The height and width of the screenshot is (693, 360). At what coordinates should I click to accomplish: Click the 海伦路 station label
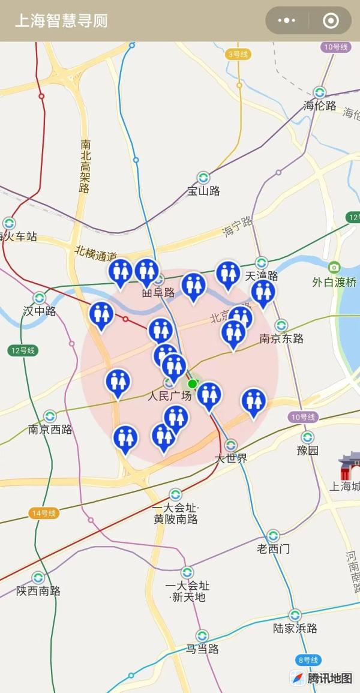click(x=320, y=106)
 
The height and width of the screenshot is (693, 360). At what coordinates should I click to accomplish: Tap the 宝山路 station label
click(x=203, y=191)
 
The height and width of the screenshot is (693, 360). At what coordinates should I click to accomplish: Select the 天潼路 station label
click(x=262, y=276)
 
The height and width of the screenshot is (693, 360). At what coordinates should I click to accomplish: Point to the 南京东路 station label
click(x=281, y=338)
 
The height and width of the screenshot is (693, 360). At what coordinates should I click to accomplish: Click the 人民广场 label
click(x=170, y=396)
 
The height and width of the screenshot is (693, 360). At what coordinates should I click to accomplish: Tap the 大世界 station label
click(x=232, y=458)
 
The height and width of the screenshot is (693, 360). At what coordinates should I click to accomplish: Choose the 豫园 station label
click(x=308, y=450)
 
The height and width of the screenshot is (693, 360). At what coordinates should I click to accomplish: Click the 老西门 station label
click(x=274, y=548)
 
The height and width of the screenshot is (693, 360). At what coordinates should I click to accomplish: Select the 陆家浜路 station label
click(x=295, y=628)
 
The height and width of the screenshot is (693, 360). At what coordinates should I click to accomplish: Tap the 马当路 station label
click(x=202, y=649)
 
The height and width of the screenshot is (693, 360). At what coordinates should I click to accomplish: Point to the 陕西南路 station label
click(x=38, y=591)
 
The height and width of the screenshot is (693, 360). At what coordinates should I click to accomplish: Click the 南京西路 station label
click(x=50, y=429)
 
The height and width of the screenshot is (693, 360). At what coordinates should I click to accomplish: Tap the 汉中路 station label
click(x=40, y=311)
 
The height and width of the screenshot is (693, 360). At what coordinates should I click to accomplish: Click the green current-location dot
click(x=192, y=383)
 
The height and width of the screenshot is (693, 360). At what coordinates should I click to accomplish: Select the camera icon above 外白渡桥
click(x=334, y=267)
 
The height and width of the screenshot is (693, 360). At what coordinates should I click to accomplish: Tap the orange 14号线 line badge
click(x=44, y=513)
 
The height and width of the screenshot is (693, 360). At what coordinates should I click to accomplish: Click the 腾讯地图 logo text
click(x=330, y=679)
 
